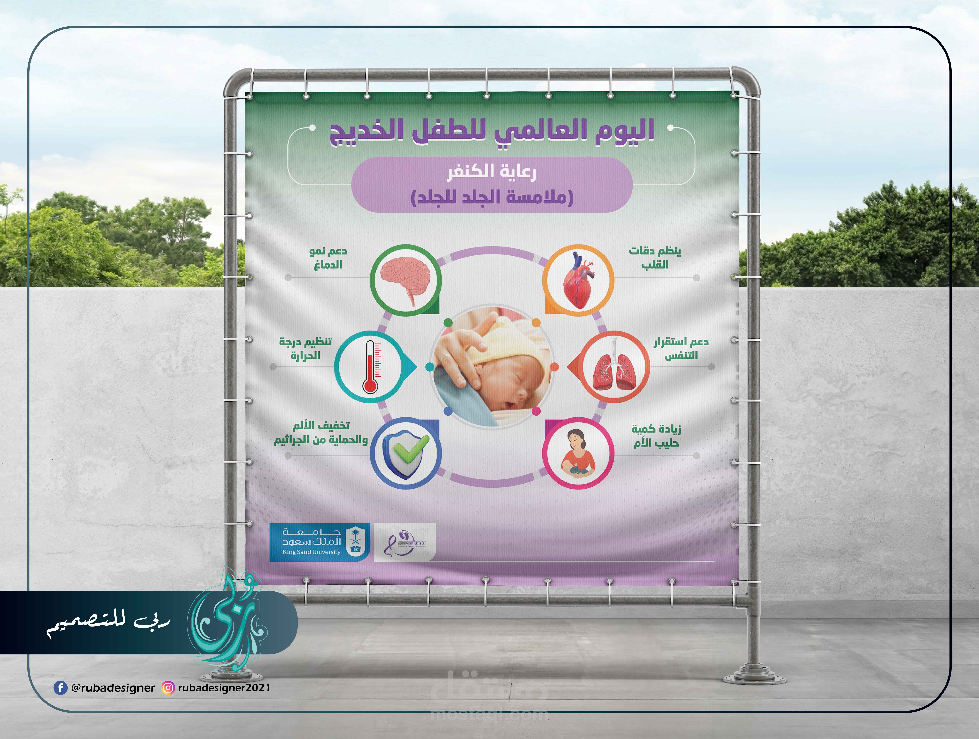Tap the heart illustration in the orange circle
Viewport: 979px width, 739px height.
point(578,280)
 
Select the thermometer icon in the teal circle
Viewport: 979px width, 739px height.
point(371,367)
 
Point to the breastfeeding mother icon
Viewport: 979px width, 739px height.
point(578,453)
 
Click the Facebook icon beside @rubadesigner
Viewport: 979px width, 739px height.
point(60,688)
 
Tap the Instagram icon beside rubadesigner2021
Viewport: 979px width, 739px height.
point(168,688)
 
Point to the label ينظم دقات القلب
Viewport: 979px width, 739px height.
point(655,258)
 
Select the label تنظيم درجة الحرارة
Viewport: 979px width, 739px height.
point(305,349)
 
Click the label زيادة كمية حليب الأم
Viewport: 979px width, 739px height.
point(656,436)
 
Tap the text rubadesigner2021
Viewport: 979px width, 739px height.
point(224,688)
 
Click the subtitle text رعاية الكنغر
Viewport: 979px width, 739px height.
point(491,172)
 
